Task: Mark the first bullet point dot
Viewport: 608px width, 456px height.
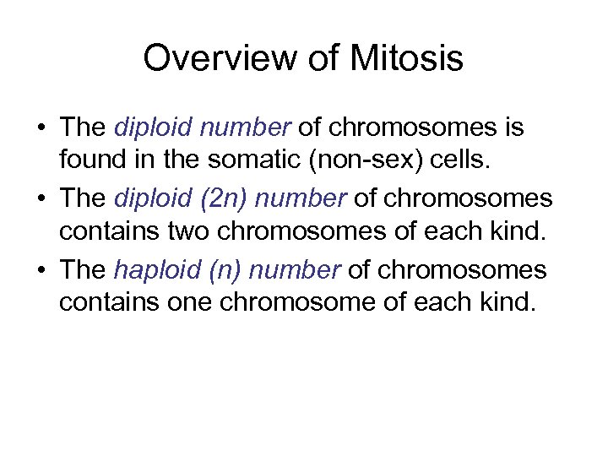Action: coord(41,128)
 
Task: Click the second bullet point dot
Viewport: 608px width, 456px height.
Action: coord(41,199)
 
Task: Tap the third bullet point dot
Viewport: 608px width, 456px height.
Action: coord(41,270)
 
